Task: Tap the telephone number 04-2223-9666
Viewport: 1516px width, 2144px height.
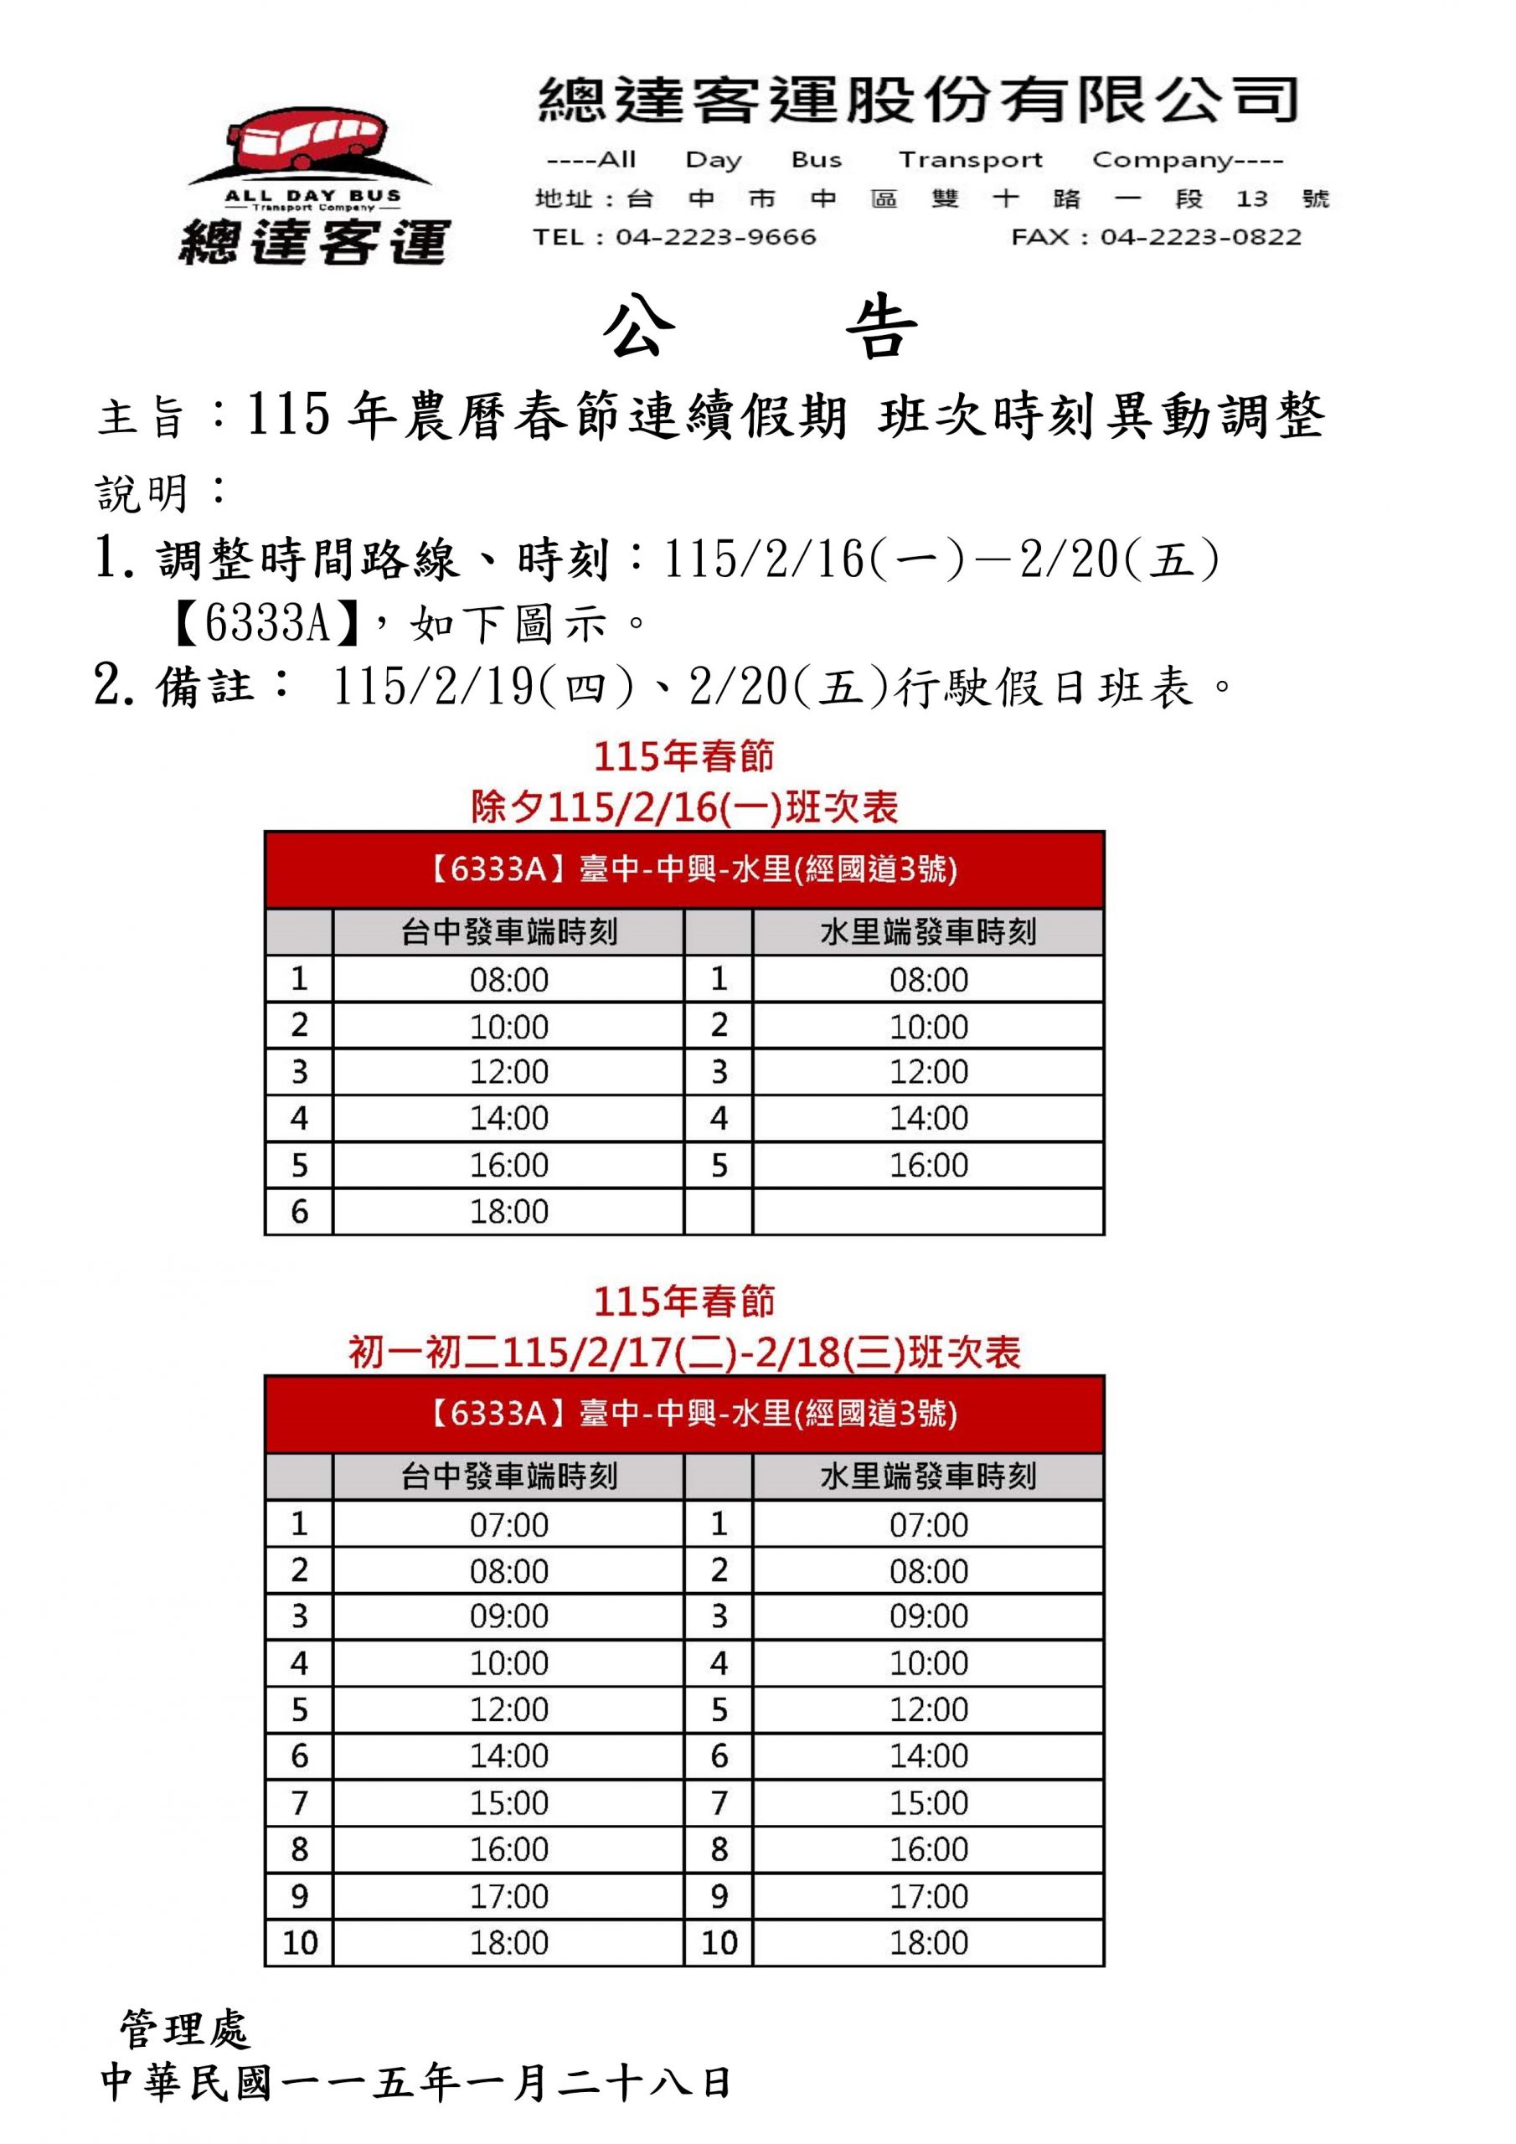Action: click(715, 237)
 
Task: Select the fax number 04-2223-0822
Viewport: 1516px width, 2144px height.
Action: click(1200, 237)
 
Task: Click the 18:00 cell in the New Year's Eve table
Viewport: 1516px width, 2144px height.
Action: click(509, 1212)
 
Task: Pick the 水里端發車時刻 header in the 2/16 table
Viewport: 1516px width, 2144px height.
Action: click(927, 932)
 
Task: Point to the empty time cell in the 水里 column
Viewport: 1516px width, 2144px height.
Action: click(927, 1212)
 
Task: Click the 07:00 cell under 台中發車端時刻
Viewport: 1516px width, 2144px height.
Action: click(509, 1526)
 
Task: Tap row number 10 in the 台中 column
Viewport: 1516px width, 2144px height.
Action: click(300, 1943)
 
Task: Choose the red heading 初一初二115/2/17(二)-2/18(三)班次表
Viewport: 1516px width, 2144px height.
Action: click(684, 1352)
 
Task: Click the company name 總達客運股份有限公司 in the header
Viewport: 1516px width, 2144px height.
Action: click(918, 100)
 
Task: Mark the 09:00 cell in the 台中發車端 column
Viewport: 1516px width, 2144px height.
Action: click(509, 1616)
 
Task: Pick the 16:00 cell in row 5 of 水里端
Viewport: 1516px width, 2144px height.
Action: click(927, 1165)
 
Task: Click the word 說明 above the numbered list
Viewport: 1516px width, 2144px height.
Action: click(143, 493)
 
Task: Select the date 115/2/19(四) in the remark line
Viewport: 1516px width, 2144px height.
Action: click(482, 688)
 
